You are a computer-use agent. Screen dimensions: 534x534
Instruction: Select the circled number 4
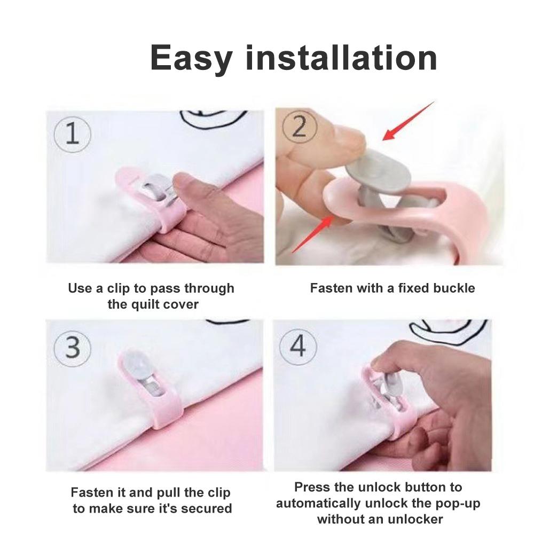(298, 345)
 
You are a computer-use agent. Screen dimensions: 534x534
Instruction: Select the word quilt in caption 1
(147, 304)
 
